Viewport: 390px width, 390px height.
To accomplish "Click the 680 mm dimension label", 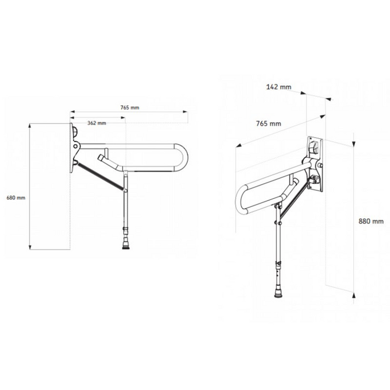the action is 16,198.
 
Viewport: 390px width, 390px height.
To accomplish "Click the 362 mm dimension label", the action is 97,123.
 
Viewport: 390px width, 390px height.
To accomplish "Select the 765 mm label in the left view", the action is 130,108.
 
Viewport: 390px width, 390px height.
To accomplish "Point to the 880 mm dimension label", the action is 371,221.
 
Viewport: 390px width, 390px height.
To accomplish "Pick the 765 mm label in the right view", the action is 269,123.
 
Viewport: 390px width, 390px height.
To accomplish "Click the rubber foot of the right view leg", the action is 279,292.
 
